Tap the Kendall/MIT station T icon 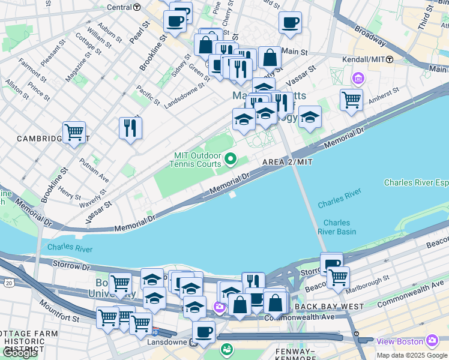pos(390,59)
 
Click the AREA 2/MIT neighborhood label pos(288,163)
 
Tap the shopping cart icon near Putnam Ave pos(74,131)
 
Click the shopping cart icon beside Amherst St pos(351,99)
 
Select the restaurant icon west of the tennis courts pos(130,127)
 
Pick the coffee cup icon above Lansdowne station pos(203,331)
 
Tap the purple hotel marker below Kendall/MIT pos(358,78)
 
